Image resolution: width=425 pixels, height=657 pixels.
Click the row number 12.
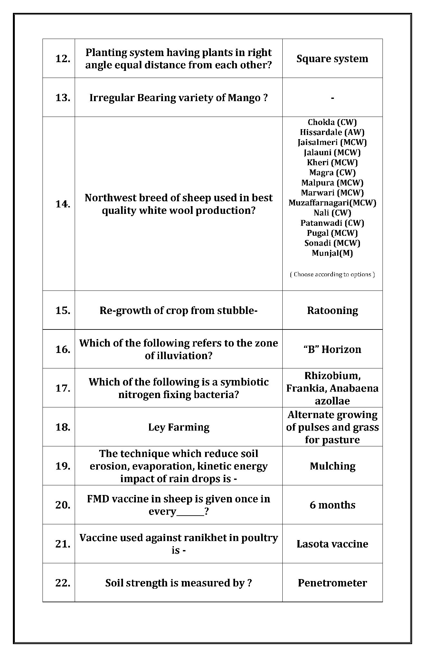click(x=63, y=59)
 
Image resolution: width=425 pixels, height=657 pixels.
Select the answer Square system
click(x=332, y=59)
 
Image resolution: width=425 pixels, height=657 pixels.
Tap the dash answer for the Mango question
click(x=332, y=98)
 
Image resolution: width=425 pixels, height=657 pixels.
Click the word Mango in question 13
click(x=244, y=98)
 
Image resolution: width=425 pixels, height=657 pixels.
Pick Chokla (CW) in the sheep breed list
click(x=332, y=122)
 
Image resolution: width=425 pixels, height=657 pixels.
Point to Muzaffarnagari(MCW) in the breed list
click(x=332, y=203)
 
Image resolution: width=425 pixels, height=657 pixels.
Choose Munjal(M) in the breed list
click(x=332, y=253)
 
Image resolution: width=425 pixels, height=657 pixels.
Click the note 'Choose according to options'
click(x=332, y=274)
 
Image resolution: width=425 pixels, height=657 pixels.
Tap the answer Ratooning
click(x=332, y=310)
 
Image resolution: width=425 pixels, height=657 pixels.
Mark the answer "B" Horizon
click(x=332, y=349)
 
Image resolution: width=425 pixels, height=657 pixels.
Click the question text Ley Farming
click(x=179, y=427)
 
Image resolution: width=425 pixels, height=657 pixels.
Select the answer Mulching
click(x=332, y=466)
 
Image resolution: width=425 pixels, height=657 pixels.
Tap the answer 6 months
click(x=332, y=505)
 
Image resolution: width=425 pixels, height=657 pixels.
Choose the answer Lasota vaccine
click(x=332, y=544)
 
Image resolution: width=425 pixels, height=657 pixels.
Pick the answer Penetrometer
click(x=332, y=583)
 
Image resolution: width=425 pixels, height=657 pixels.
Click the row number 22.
click(x=63, y=583)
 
